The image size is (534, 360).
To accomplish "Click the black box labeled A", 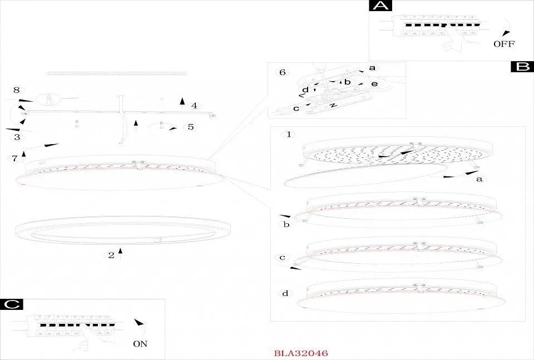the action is [x=380, y=6].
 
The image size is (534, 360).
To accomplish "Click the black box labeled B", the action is [x=522, y=67].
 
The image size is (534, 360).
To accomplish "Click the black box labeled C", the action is [x=12, y=304].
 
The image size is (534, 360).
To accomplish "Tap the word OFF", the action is [x=504, y=44].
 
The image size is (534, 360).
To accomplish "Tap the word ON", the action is [x=140, y=344].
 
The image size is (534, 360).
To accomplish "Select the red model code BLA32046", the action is [x=301, y=353].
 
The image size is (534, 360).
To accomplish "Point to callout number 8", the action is [x=16, y=90].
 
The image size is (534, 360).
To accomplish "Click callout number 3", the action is [x=17, y=137].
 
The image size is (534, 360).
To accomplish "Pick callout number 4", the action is [x=194, y=106].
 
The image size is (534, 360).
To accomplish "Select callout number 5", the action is [x=191, y=127].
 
